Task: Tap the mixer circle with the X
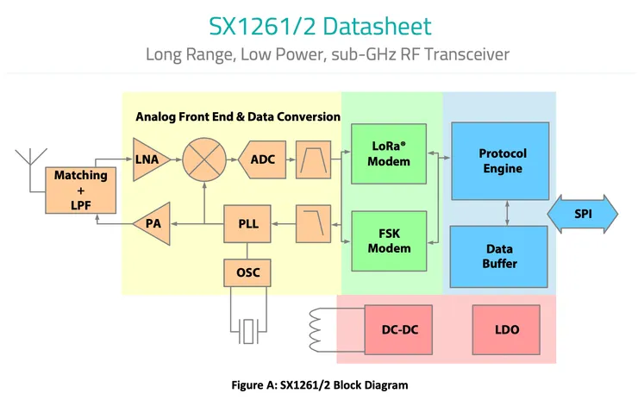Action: tap(203, 159)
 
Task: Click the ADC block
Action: tap(260, 159)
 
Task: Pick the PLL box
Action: tap(247, 224)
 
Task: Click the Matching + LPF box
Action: tap(81, 190)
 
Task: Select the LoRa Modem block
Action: tap(389, 154)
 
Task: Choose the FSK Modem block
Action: tap(389, 240)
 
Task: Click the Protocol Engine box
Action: tap(502, 161)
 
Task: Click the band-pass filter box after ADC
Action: tap(312, 159)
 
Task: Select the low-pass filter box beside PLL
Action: tap(312, 224)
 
